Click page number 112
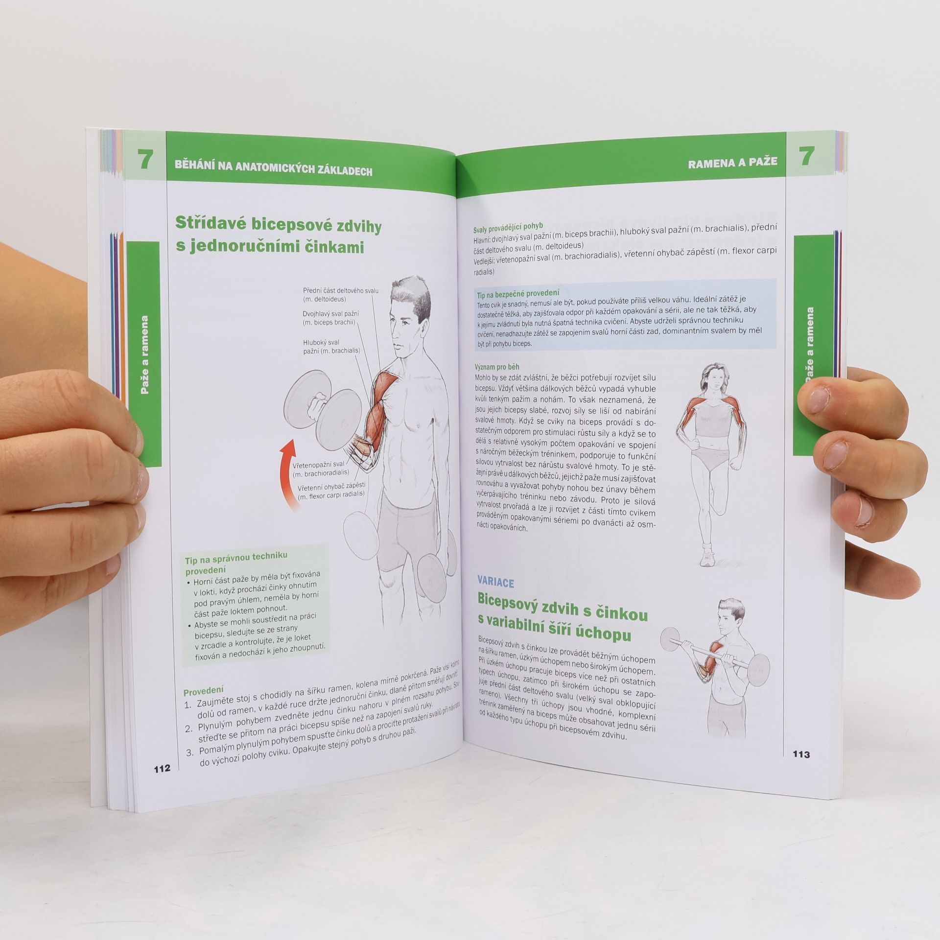(x=162, y=768)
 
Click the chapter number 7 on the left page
(x=144, y=160)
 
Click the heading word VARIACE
(x=495, y=583)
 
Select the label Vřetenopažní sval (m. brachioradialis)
(x=320, y=469)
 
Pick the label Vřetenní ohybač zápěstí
(x=331, y=488)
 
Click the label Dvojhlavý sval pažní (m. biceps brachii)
(x=329, y=318)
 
